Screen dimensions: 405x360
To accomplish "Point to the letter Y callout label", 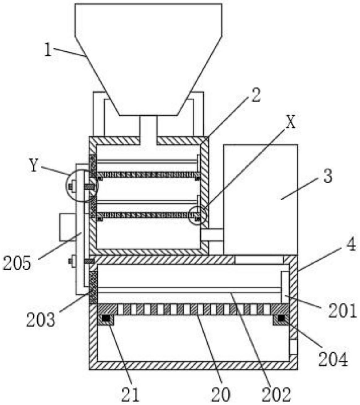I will click(33, 166).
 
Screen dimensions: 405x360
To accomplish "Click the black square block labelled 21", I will click(106, 318).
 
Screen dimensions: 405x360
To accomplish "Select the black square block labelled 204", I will click(281, 318).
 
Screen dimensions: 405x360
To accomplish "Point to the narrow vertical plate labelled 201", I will click(285, 287).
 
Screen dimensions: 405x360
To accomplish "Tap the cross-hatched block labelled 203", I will click(93, 287).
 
